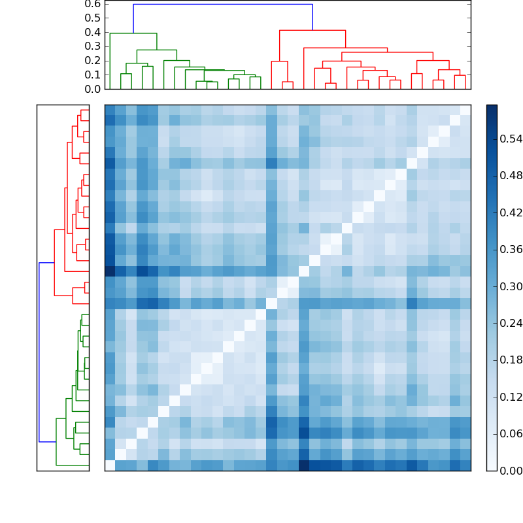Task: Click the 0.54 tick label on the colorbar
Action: tap(511, 139)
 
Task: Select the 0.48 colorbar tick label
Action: tap(511, 175)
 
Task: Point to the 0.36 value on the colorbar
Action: tap(511, 249)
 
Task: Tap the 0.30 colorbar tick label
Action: tap(511, 286)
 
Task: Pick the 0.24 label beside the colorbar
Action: tap(511, 323)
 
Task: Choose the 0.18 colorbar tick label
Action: tap(511, 360)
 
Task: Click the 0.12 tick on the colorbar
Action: tap(511, 397)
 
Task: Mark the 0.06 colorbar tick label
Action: tap(511, 433)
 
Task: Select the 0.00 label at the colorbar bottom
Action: tap(511, 471)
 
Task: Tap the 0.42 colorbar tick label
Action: tap(511, 212)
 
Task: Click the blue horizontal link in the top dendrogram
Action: tap(222, 5)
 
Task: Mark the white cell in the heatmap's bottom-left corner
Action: tap(110, 465)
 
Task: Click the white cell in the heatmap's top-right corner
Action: tap(465, 110)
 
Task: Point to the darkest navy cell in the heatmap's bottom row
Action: tap(304, 465)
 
